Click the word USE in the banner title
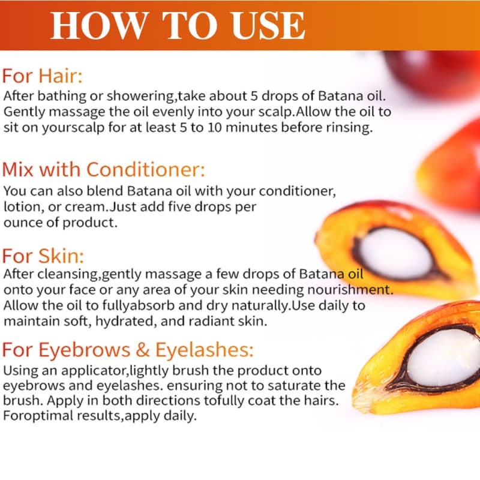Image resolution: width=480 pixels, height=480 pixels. pyautogui.click(x=268, y=26)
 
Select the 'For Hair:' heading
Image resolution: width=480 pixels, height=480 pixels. pyautogui.click(x=42, y=76)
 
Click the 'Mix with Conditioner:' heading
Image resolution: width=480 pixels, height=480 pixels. pyautogui.click(x=103, y=169)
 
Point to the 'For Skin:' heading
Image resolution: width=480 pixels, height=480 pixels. pyautogui.click(x=43, y=256)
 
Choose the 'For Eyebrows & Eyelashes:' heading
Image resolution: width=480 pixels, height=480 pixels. pyautogui.click(x=128, y=350)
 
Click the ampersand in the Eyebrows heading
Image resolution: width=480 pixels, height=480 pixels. pyautogui.click(x=142, y=350)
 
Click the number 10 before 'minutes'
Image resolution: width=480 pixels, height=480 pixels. pyautogui.click(x=214, y=127)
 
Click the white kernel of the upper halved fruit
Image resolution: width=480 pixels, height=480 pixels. pyautogui.click(x=395, y=253)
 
